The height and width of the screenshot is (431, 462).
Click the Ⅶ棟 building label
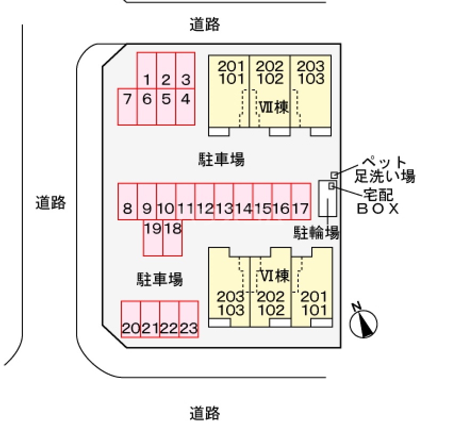(274, 107)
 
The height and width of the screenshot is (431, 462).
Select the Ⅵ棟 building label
(275, 276)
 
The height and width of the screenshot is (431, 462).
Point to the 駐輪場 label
(317, 232)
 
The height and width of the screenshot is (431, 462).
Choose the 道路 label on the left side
(51, 202)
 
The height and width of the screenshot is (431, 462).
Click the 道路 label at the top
(205, 24)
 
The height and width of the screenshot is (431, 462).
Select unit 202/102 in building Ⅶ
(270, 73)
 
